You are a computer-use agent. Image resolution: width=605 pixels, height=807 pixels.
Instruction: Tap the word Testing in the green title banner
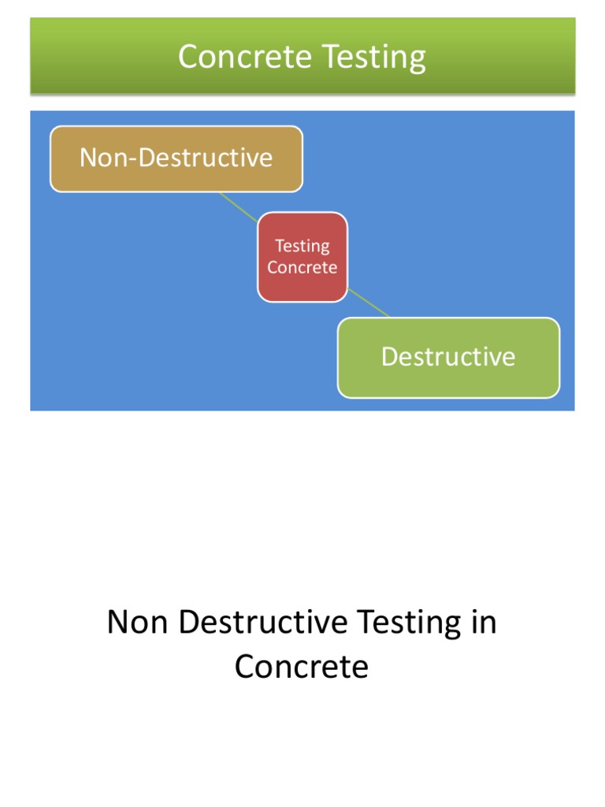374,58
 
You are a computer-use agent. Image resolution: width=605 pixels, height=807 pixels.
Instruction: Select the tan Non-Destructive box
176,159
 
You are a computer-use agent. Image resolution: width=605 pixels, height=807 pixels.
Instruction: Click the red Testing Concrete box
302,257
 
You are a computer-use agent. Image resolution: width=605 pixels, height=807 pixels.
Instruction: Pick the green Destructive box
448,358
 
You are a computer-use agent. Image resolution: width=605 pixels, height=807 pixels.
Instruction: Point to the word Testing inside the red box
302,247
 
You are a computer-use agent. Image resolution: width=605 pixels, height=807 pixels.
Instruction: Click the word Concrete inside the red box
302,267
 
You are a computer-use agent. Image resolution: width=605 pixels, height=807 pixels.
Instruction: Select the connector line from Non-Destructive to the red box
239,207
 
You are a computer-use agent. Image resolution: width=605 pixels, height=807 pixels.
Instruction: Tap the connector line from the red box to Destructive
369,303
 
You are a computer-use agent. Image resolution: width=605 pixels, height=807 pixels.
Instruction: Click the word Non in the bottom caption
137,622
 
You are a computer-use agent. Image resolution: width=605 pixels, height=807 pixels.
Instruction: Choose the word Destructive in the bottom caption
263,622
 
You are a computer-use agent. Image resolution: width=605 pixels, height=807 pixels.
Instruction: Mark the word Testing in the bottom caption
409,623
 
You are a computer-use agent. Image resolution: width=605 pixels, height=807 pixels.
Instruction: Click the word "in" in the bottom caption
484,622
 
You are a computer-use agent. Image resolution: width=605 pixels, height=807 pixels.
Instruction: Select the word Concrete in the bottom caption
302,667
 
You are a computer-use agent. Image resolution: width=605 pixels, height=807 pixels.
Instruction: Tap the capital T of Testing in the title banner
332,56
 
